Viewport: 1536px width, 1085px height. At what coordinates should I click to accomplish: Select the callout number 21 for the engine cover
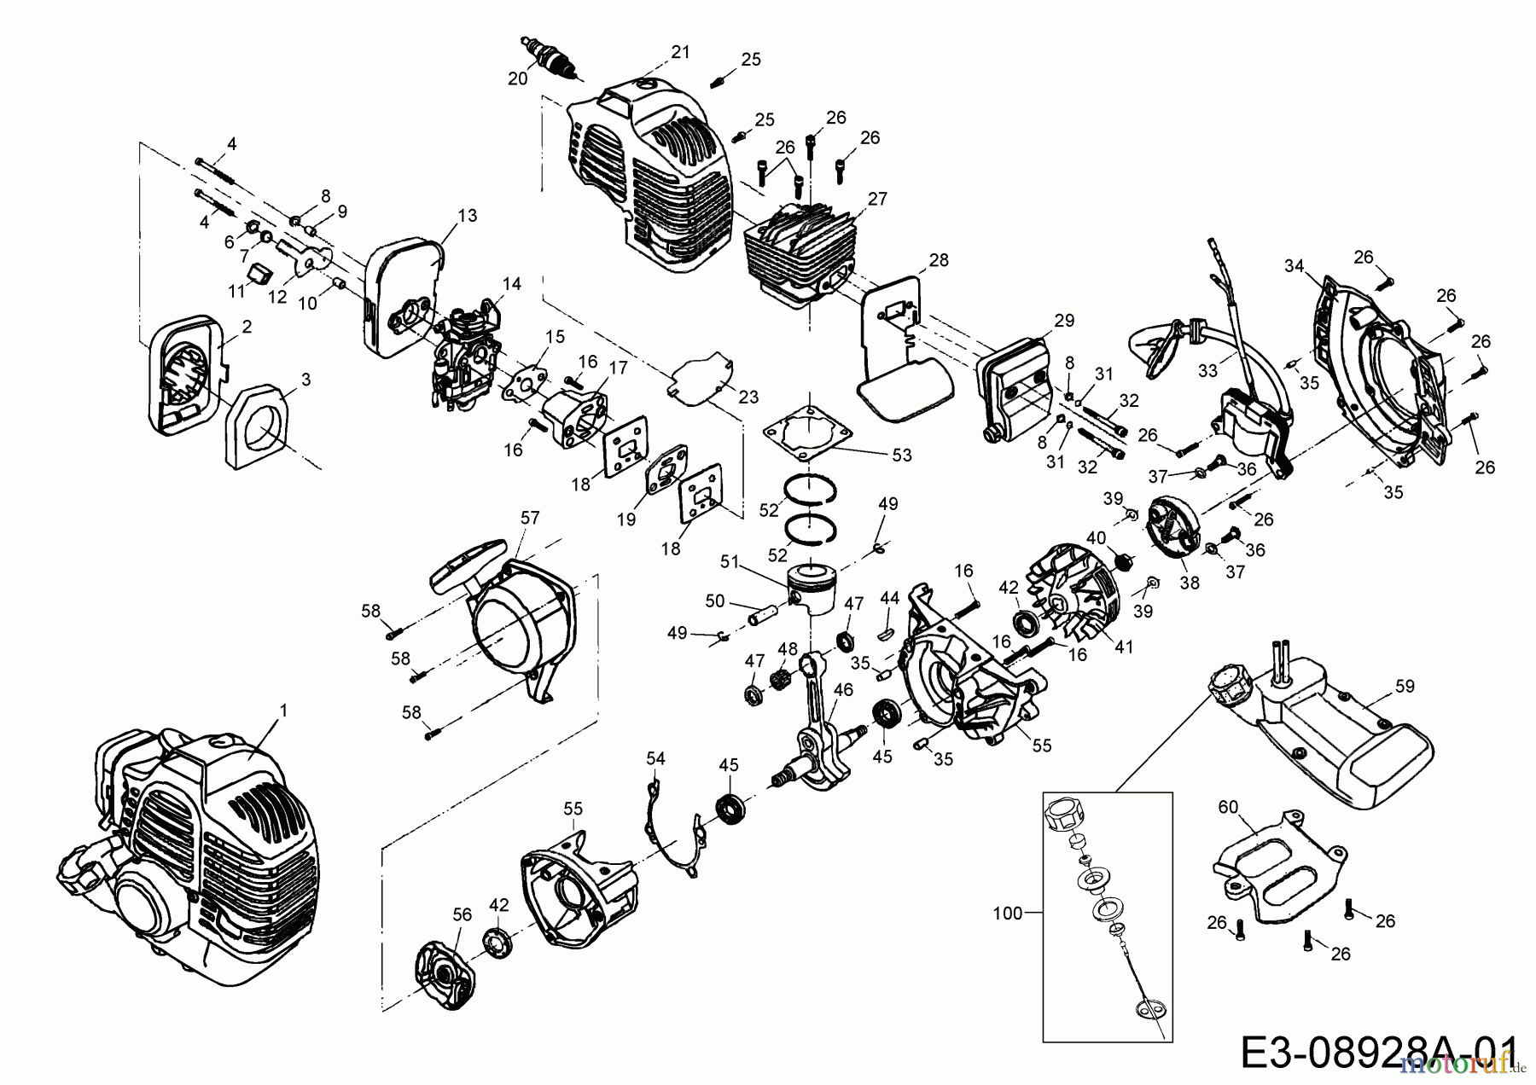(x=679, y=52)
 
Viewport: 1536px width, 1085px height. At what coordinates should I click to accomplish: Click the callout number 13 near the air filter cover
(x=467, y=216)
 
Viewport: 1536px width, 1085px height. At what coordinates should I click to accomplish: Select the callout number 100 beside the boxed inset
(x=1007, y=914)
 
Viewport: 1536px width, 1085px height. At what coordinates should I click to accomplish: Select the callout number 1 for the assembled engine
(x=283, y=710)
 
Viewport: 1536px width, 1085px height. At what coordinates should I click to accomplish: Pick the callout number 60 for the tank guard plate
(x=1227, y=806)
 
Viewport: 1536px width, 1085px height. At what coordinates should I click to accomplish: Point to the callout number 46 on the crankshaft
(x=842, y=689)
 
